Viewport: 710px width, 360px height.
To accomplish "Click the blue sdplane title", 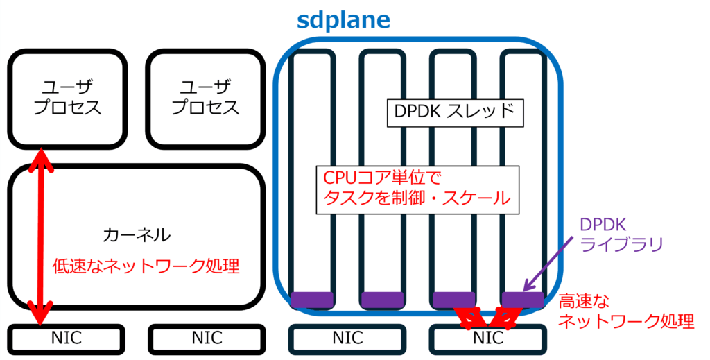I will click(x=344, y=19).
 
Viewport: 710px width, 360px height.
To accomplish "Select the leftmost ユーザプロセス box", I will click(x=67, y=98).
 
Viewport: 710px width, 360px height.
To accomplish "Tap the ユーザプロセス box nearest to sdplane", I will click(x=205, y=98).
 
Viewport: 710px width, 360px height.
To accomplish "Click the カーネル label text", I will click(x=136, y=234).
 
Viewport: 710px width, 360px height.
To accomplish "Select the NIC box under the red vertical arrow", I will click(x=67, y=338).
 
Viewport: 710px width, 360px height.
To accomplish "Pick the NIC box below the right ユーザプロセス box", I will click(x=206, y=338).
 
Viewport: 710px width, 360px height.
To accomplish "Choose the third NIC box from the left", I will click(x=347, y=338).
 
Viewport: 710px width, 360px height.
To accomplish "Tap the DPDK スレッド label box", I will click(x=453, y=112).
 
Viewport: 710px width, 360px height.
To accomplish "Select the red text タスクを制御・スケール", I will click(x=417, y=199).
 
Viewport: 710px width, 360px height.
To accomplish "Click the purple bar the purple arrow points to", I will click(x=522, y=299).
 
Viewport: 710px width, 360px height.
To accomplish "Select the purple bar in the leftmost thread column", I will click(x=311, y=299).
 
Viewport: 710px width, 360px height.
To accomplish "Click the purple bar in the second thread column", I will click(x=381, y=299).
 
